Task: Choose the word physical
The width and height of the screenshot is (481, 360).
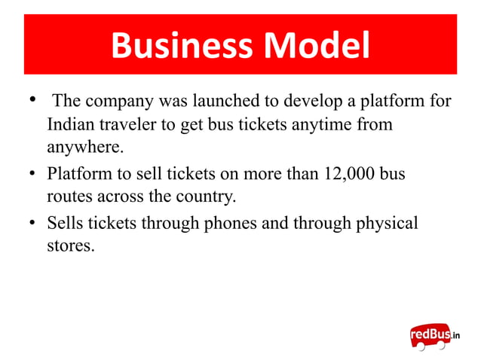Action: coord(384,224)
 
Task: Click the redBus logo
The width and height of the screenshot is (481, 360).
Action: coord(434,335)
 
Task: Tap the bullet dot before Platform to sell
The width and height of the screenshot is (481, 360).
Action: coord(32,175)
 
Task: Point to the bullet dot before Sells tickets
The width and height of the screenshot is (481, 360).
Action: coord(32,224)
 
